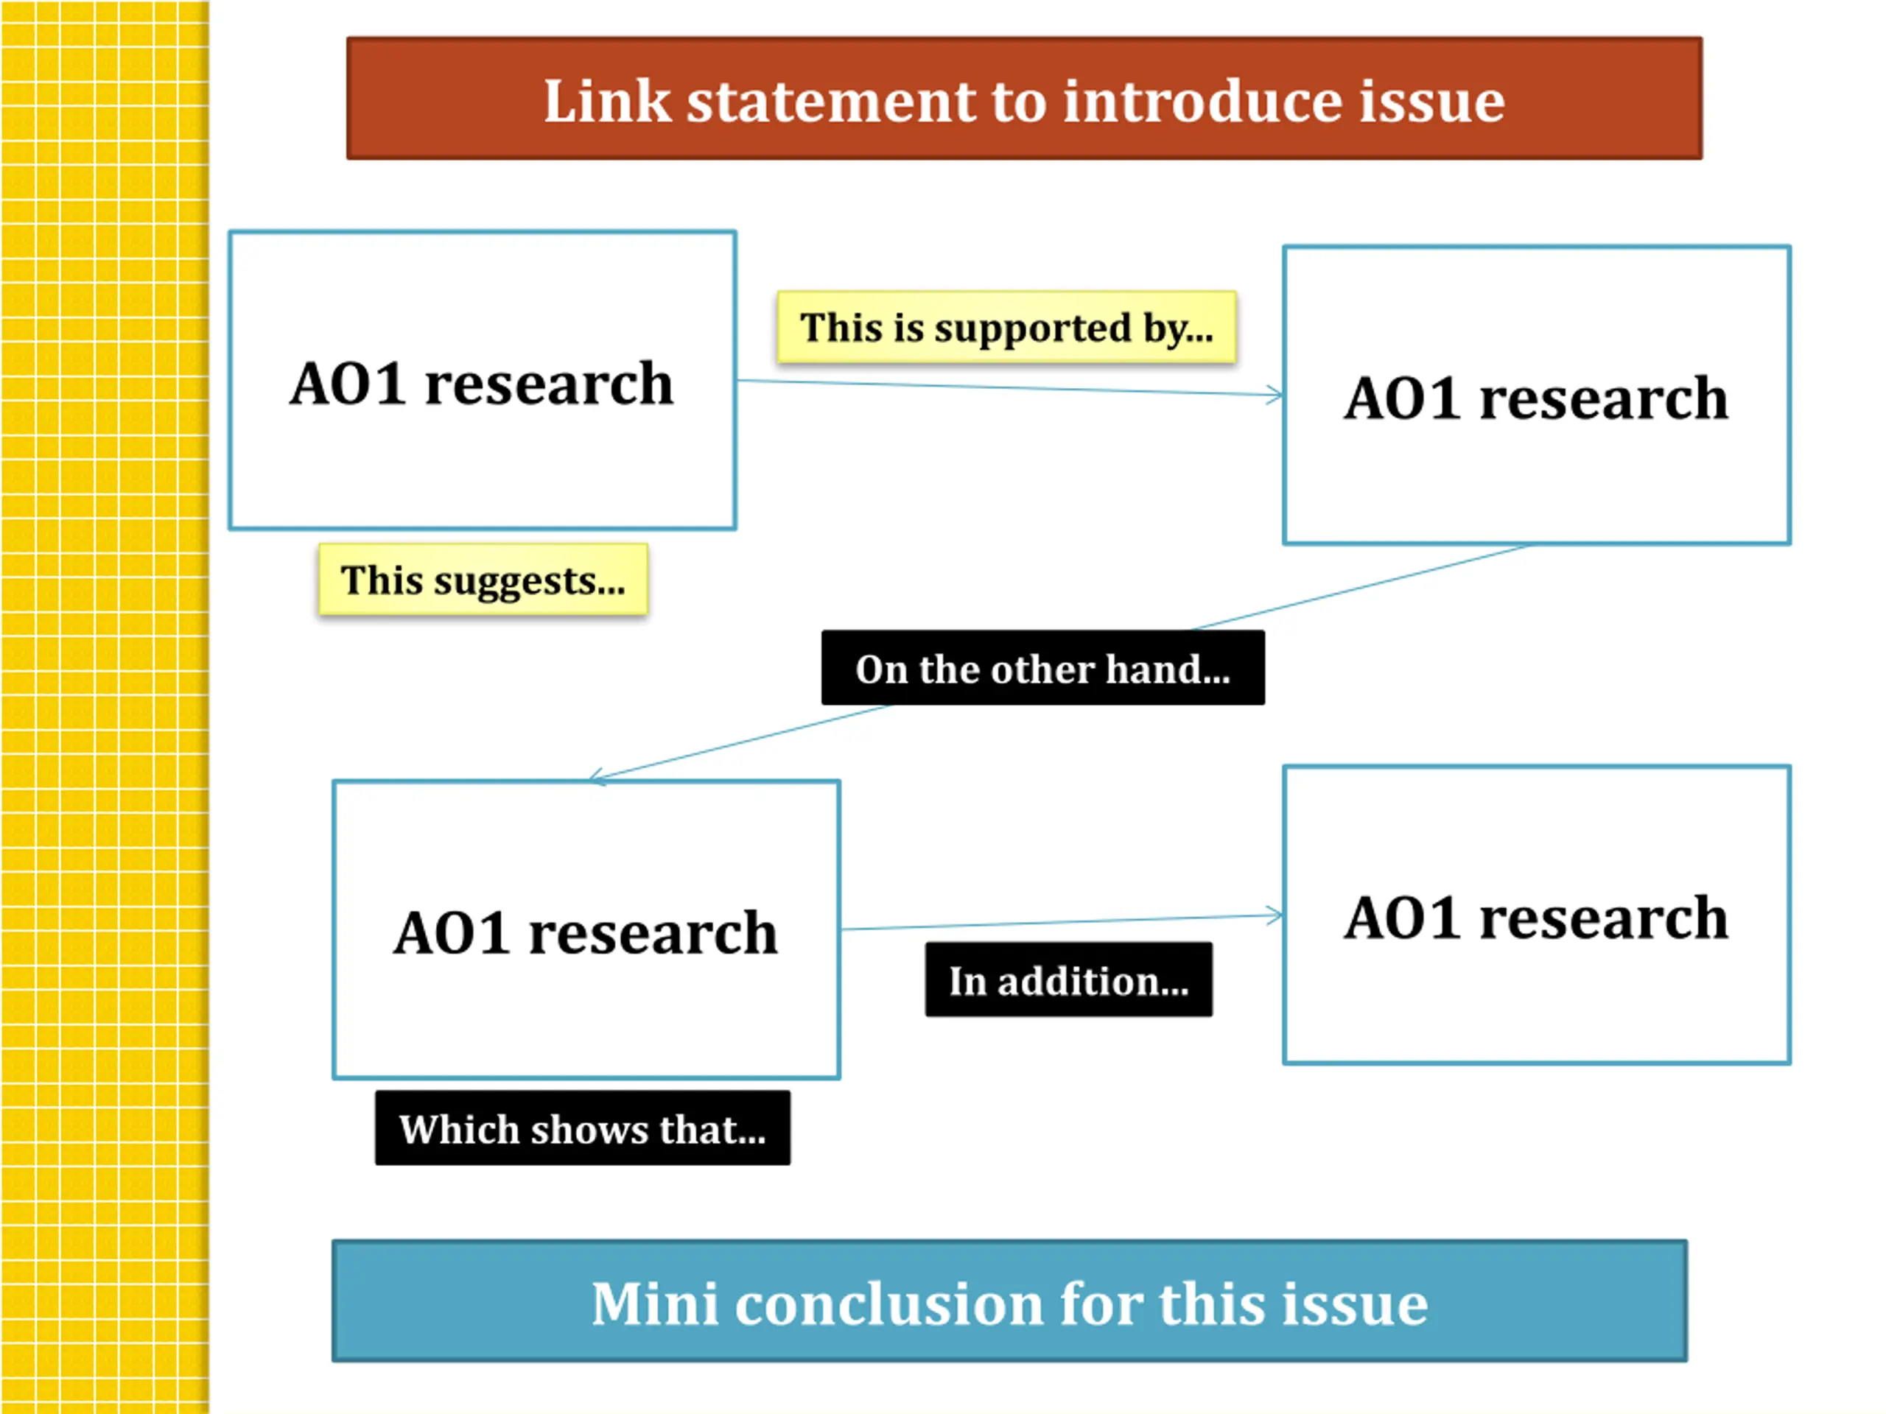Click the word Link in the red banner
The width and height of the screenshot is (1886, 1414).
pyautogui.click(x=607, y=102)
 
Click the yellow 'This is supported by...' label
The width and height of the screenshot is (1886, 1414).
pyautogui.click(x=1006, y=327)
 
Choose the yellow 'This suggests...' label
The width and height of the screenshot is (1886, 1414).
pyautogui.click(x=483, y=580)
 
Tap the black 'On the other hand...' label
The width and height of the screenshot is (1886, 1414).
pyautogui.click(x=1042, y=668)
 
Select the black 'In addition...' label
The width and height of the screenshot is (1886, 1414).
pyautogui.click(x=1068, y=979)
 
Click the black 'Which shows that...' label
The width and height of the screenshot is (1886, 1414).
pyautogui.click(x=582, y=1128)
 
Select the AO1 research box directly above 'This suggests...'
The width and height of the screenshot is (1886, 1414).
pyautogui.click(x=483, y=380)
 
